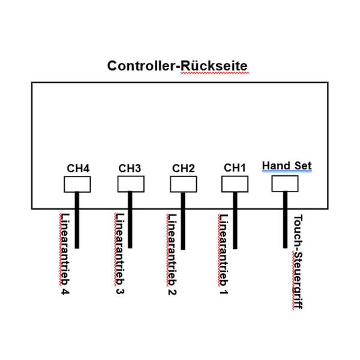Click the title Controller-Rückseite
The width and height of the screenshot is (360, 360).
pyautogui.click(x=177, y=65)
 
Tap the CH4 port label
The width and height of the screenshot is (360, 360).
pyautogui.click(x=78, y=168)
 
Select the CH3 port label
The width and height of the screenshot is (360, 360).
pyautogui.click(x=130, y=168)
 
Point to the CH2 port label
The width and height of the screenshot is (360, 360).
pyautogui.click(x=183, y=168)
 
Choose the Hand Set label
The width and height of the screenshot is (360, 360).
pyautogui.click(x=287, y=166)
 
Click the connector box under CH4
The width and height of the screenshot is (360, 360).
pyautogui.click(x=77, y=184)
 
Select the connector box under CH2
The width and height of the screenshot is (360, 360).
pyautogui.click(x=183, y=184)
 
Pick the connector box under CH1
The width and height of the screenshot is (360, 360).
pyautogui.click(x=235, y=184)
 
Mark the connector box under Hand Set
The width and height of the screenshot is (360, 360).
pyautogui.click(x=285, y=183)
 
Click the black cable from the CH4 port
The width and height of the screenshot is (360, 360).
pyautogui.click(x=77, y=222)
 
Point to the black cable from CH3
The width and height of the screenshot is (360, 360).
pyautogui.click(x=130, y=222)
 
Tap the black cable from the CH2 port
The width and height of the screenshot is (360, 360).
pyautogui.click(x=183, y=222)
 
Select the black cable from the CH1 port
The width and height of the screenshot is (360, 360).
pyautogui.click(x=235, y=222)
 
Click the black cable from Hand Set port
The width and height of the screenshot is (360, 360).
pyautogui.click(x=285, y=222)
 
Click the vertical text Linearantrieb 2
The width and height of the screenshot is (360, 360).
pyautogui.click(x=172, y=254)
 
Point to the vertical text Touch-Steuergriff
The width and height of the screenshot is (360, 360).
pyautogui.click(x=298, y=262)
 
